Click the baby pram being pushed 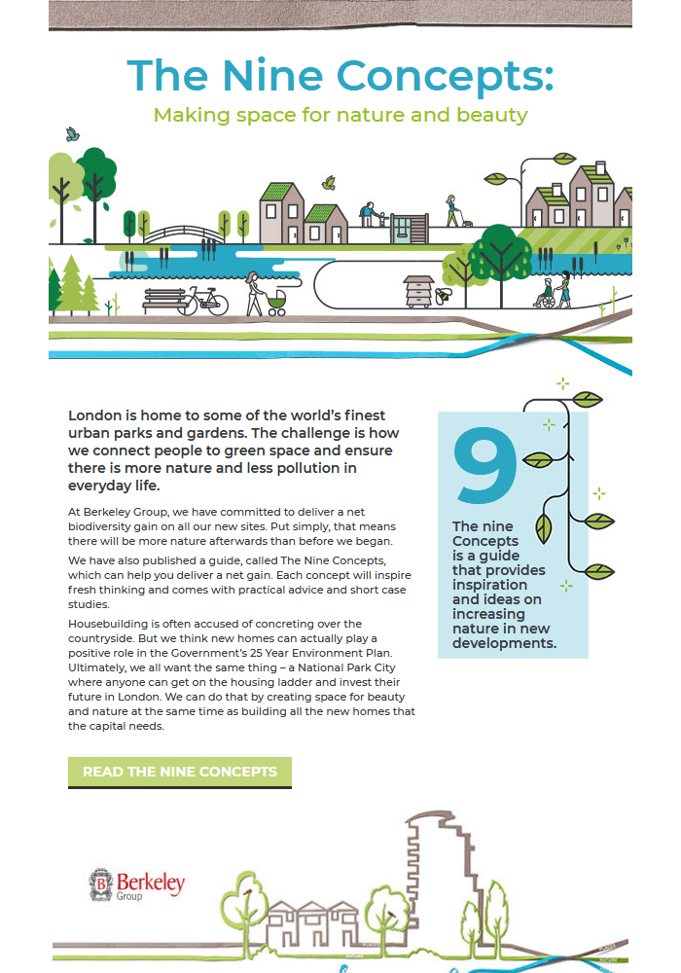tap(276, 303)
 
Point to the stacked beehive tap(418, 291)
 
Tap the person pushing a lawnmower tap(452, 211)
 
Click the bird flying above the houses tap(329, 182)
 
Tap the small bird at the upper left tap(71, 134)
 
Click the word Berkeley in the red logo tap(151, 883)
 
